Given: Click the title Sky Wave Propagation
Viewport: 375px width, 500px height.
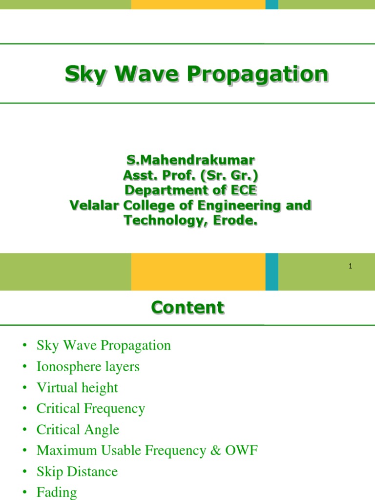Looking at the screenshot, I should (x=196, y=75).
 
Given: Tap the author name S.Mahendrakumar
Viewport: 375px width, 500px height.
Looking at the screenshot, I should (x=190, y=160).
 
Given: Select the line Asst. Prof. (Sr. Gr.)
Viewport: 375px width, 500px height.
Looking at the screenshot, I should (x=190, y=175).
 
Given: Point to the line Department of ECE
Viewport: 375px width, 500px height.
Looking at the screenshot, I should (x=190, y=190).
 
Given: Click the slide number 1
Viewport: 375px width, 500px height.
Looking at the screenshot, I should (x=351, y=266).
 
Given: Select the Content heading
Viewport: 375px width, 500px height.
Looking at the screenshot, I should (x=187, y=308).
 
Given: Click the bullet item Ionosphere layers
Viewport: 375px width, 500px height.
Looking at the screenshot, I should (x=88, y=366).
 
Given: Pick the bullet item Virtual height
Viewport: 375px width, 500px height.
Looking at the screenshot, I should (x=77, y=388).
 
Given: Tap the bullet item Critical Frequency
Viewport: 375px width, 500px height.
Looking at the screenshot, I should (x=91, y=409).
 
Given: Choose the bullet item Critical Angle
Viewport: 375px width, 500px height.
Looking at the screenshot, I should (x=78, y=430).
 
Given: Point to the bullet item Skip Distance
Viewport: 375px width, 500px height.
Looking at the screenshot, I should (x=77, y=472).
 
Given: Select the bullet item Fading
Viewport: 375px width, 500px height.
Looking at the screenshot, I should (x=57, y=492).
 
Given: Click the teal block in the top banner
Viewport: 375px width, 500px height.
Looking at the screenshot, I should (x=272, y=4).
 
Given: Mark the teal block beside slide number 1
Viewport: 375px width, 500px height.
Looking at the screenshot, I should (x=272, y=271).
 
